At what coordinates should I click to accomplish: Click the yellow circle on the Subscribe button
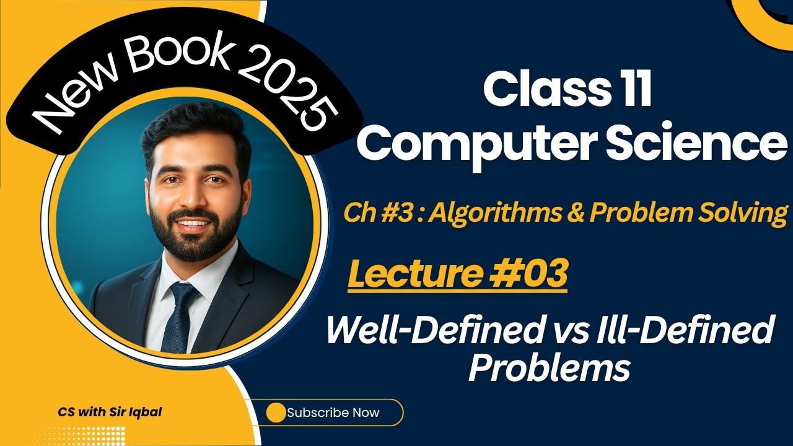pos(276,413)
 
